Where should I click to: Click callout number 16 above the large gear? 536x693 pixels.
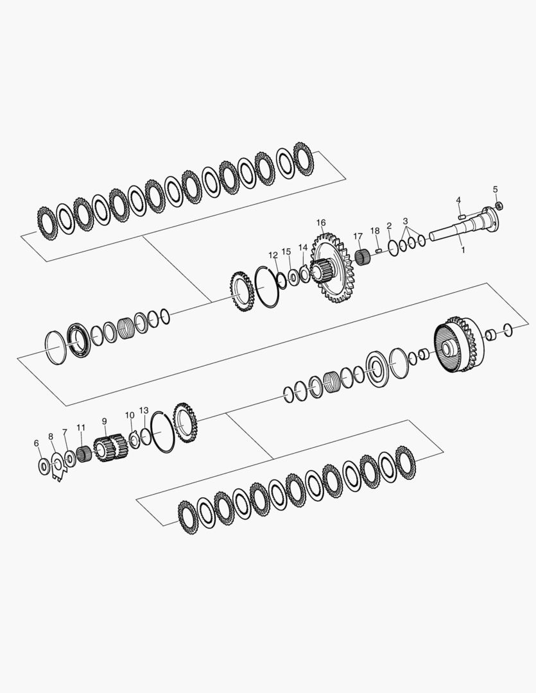pyautogui.click(x=320, y=222)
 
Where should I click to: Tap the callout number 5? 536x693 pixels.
pyautogui.click(x=496, y=189)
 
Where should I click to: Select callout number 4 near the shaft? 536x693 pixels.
pyautogui.click(x=458, y=200)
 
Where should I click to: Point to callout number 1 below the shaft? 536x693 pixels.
pyautogui.click(x=463, y=250)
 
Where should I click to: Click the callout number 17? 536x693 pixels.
pyautogui.click(x=358, y=236)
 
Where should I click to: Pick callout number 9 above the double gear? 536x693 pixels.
pyautogui.click(x=105, y=421)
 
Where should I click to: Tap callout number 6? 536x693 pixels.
pyautogui.click(x=36, y=443)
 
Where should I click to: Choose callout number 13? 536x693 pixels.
pyautogui.click(x=144, y=411)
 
